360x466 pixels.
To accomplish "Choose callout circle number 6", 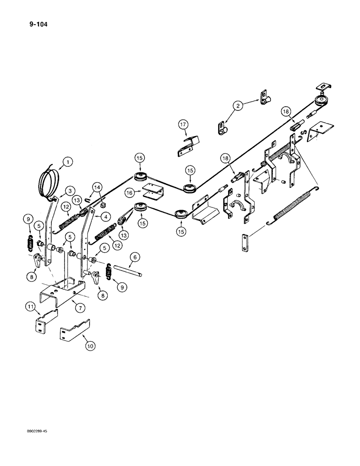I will (x=135, y=257).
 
